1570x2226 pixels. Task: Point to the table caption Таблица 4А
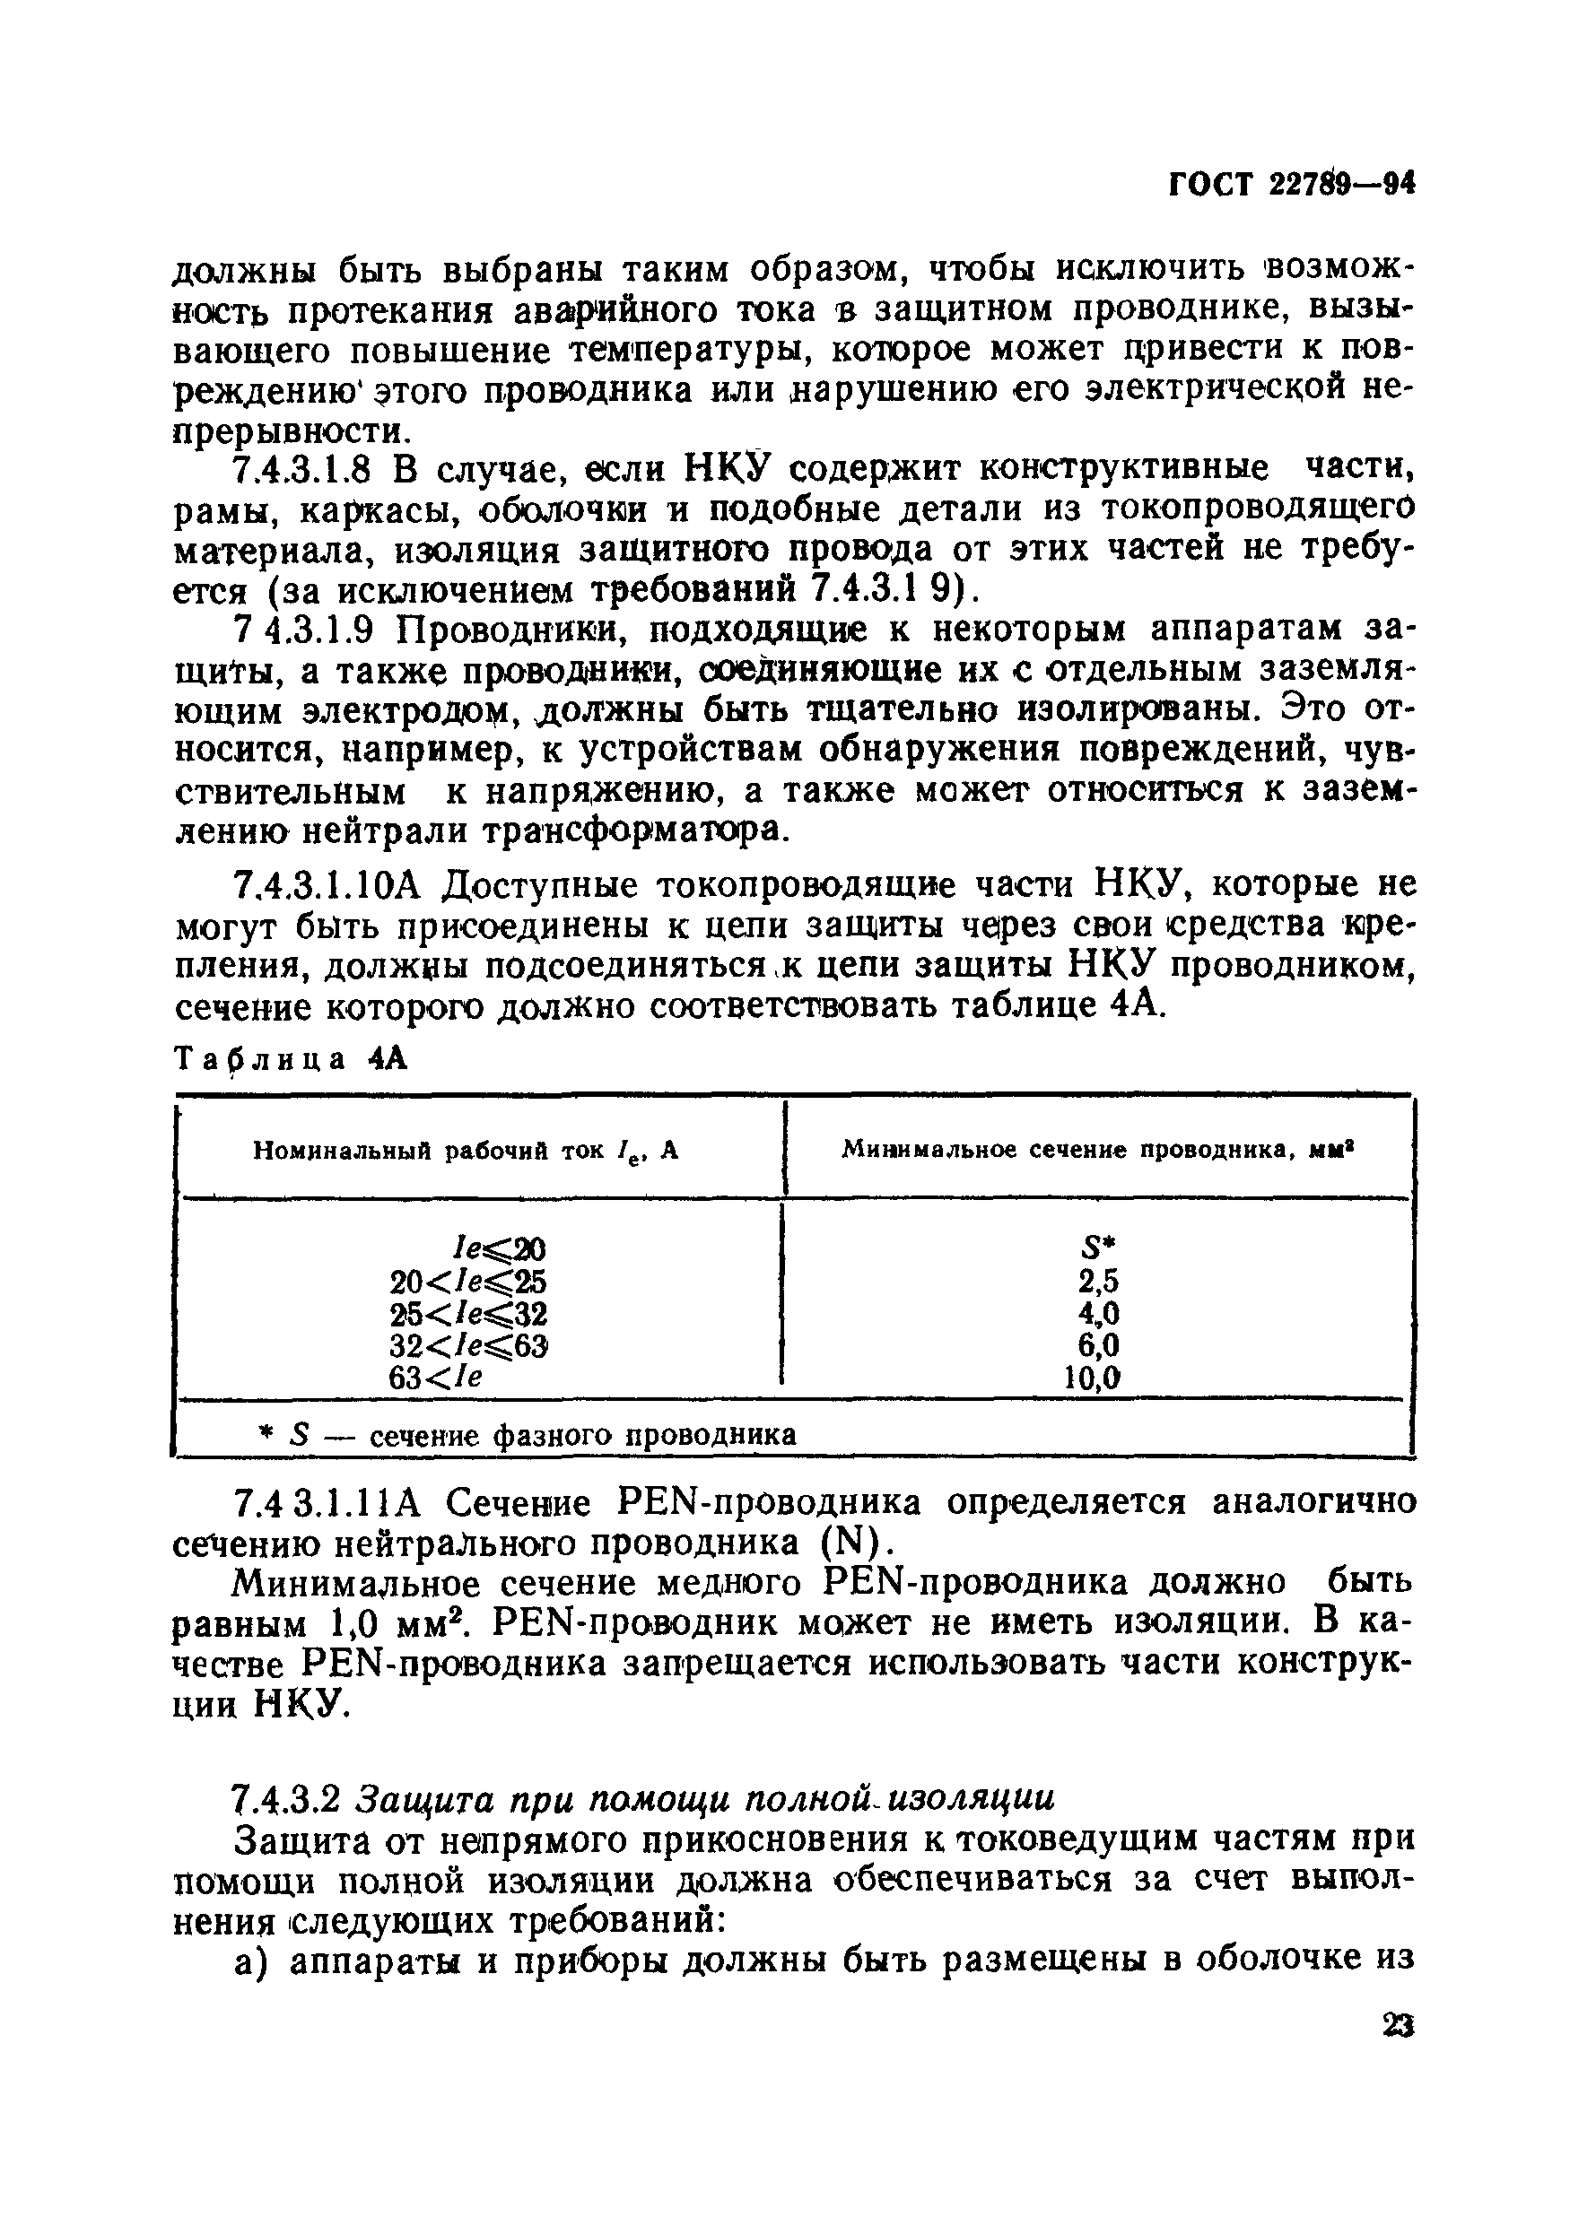point(290,1060)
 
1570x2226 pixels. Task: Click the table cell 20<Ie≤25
point(468,1282)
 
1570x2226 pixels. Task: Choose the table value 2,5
point(1099,1282)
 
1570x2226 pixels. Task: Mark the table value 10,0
point(1092,1378)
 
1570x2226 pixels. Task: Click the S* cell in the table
point(1098,1248)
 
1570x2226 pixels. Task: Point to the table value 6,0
point(1099,1345)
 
